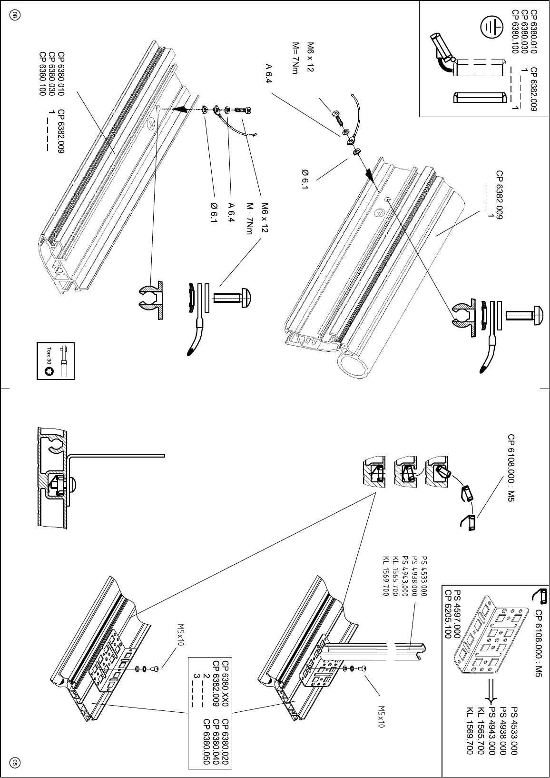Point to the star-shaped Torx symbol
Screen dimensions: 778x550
(49, 373)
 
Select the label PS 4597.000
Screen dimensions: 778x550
(457, 614)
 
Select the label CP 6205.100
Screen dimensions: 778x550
(447, 614)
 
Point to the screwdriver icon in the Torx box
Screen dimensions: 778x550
(64, 362)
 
